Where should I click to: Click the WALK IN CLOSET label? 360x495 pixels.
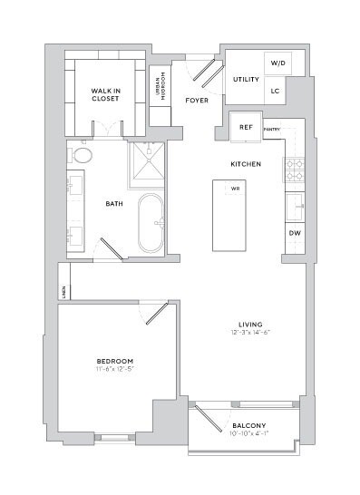point(105,94)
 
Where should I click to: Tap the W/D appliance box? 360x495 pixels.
point(277,64)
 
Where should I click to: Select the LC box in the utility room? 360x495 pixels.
point(277,92)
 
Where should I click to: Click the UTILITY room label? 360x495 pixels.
point(246,80)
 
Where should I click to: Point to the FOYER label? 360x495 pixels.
point(197,100)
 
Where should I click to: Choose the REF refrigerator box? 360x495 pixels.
point(245,128)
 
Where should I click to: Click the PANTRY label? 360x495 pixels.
point(271,131)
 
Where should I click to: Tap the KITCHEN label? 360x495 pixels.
point(246,164)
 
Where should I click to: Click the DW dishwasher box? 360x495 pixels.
point(294,233)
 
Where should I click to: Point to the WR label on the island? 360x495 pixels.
point(234,189)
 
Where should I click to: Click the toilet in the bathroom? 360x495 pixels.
point(82,155)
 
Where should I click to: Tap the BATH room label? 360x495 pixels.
point(113,204)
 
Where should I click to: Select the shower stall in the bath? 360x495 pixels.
point(145,163)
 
